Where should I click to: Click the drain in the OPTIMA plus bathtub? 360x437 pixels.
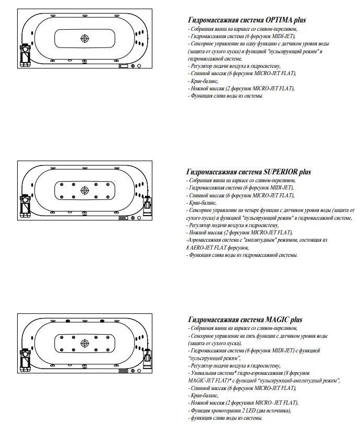85,38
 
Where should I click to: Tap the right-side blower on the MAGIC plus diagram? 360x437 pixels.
147,358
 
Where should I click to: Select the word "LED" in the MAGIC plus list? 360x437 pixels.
244,411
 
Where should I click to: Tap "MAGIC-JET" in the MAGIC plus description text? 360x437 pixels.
201,381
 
